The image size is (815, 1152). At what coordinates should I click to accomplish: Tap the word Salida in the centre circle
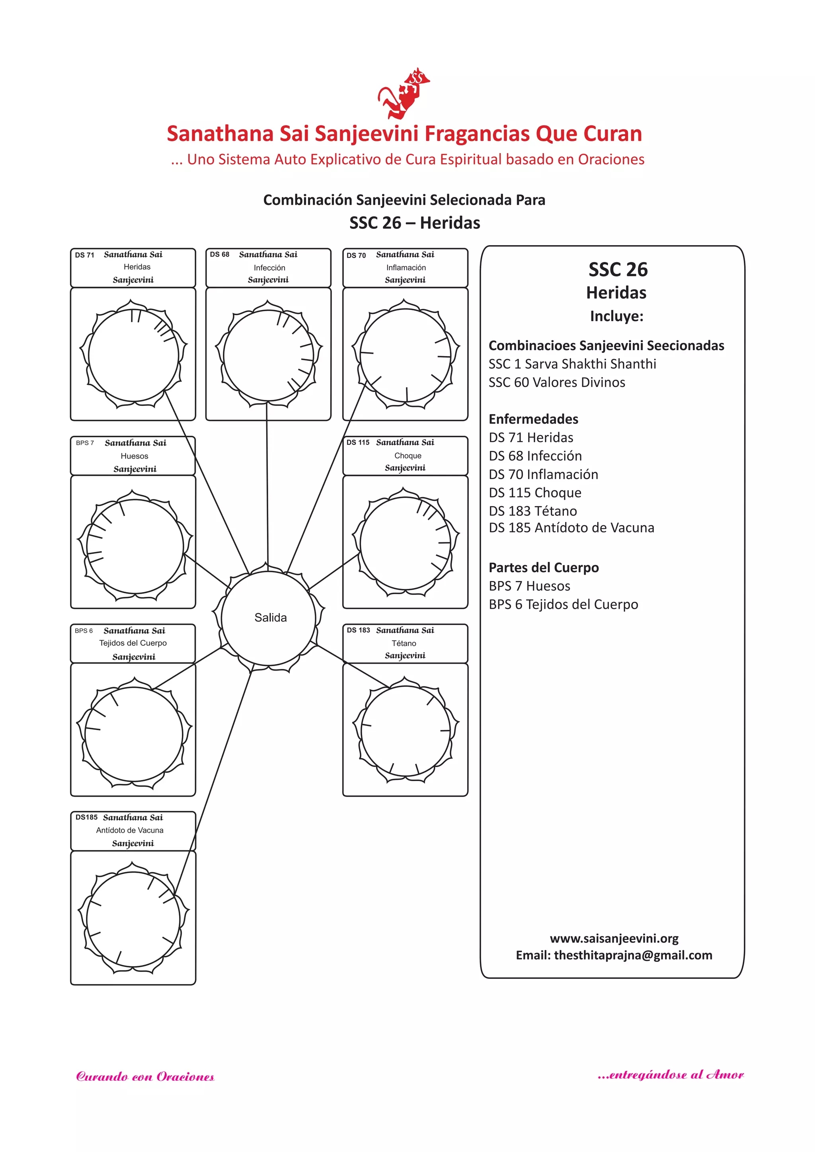pos(271,618)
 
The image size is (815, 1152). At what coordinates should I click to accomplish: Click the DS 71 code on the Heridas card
pos(84,255)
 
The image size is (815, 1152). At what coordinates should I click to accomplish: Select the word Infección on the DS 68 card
pos(269,268)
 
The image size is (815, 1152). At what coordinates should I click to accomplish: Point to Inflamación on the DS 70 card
pos(406,268)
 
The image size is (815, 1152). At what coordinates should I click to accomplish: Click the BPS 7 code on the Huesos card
pos(85,443)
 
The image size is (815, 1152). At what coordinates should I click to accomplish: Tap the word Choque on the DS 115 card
pos(407,456)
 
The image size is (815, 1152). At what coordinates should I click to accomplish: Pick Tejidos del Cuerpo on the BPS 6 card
pos(133,643)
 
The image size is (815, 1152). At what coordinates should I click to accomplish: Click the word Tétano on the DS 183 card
pos(404,643)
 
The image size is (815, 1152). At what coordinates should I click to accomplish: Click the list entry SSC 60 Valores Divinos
pos(557,382)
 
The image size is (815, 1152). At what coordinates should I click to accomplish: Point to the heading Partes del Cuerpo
pos(544,567)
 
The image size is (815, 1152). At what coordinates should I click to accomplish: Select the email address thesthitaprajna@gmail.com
pos(632,955)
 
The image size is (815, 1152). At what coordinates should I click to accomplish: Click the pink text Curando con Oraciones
pos(145,1077)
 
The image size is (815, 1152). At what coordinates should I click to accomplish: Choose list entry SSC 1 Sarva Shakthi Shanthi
pos(572,364)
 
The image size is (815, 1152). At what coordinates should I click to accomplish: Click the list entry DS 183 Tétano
pos(532,511)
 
